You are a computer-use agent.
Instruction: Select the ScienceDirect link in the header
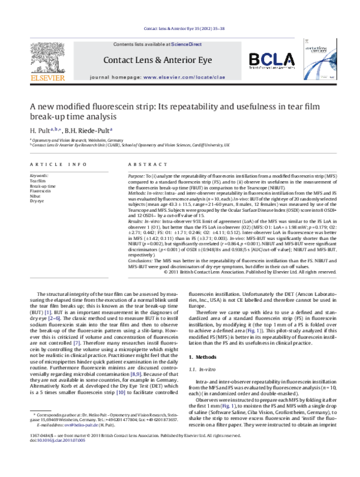[x=187, y=44]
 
